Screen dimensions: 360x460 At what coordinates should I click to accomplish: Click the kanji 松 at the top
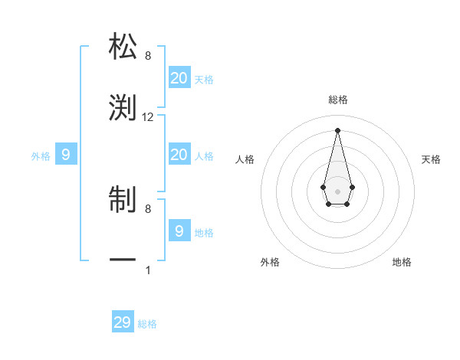(123, 46)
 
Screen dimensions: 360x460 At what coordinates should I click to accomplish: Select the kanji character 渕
(123, 107)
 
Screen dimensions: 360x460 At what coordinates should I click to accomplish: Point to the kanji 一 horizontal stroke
(123, 261)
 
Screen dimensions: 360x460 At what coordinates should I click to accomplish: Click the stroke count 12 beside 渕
(148, 117)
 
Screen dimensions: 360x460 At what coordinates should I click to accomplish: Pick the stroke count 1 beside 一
(148, 270)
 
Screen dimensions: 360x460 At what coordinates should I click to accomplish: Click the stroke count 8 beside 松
(148, 55)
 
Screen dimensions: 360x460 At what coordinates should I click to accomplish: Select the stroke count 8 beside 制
(148, 208)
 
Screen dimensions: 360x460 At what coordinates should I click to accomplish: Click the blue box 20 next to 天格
(179, 78)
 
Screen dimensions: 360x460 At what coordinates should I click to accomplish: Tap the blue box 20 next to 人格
(179, 155)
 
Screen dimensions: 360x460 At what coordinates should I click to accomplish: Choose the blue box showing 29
(123, 322)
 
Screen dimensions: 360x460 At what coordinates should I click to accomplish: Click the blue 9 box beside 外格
(65, 155)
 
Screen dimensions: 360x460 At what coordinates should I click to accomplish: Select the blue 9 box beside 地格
(179, 231)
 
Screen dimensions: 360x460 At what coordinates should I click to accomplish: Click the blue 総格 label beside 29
(148, 324)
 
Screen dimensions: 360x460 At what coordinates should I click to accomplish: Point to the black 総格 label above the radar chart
(338, 100)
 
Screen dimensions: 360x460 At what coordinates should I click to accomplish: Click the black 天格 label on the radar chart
(432, 159)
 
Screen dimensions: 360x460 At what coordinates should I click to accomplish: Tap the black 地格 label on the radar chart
(402, 262)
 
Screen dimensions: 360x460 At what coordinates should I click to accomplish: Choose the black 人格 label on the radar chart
(245, 159)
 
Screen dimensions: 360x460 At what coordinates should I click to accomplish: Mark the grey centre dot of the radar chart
(337, 190)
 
